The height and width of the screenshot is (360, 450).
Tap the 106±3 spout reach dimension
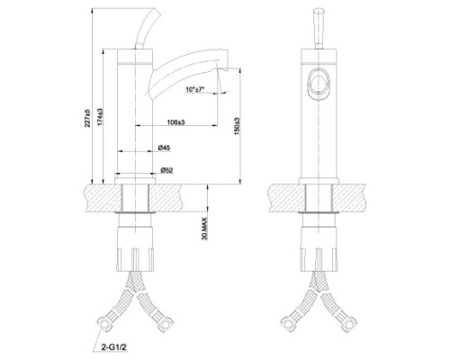tap(176, 121)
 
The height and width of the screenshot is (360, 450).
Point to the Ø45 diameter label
tap(164, 148)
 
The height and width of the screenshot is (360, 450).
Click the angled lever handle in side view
tap(143, 31)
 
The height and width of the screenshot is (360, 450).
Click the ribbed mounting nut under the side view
tap(137, 248)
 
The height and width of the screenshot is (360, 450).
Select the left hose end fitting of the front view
tap(286, 321)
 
